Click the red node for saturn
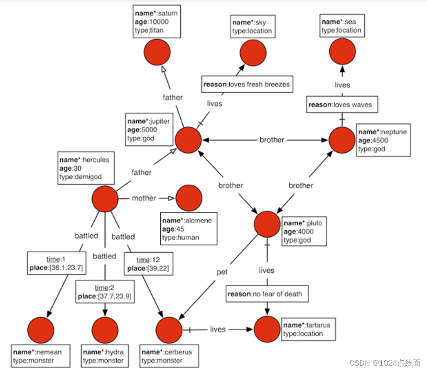click(157, 52)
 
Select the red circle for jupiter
click(188, 140)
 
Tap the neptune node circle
click(342, 140)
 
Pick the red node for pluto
click(267, 224)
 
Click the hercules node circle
click(105, 199)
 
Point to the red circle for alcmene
click(189, 198)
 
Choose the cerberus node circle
click(169, 330)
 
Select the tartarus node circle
click(267, 329)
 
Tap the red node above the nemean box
click(41, 330)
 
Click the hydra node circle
click(105, 330)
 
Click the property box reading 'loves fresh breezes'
click(247, 84)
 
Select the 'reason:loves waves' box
click(342, 105)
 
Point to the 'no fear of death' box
click(267, 294)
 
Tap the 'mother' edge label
click(144, 198)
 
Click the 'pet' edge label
click(222, 272)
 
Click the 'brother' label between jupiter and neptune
click(272, 140)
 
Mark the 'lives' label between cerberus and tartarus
click(218, 330)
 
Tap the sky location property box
click(253, 27)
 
